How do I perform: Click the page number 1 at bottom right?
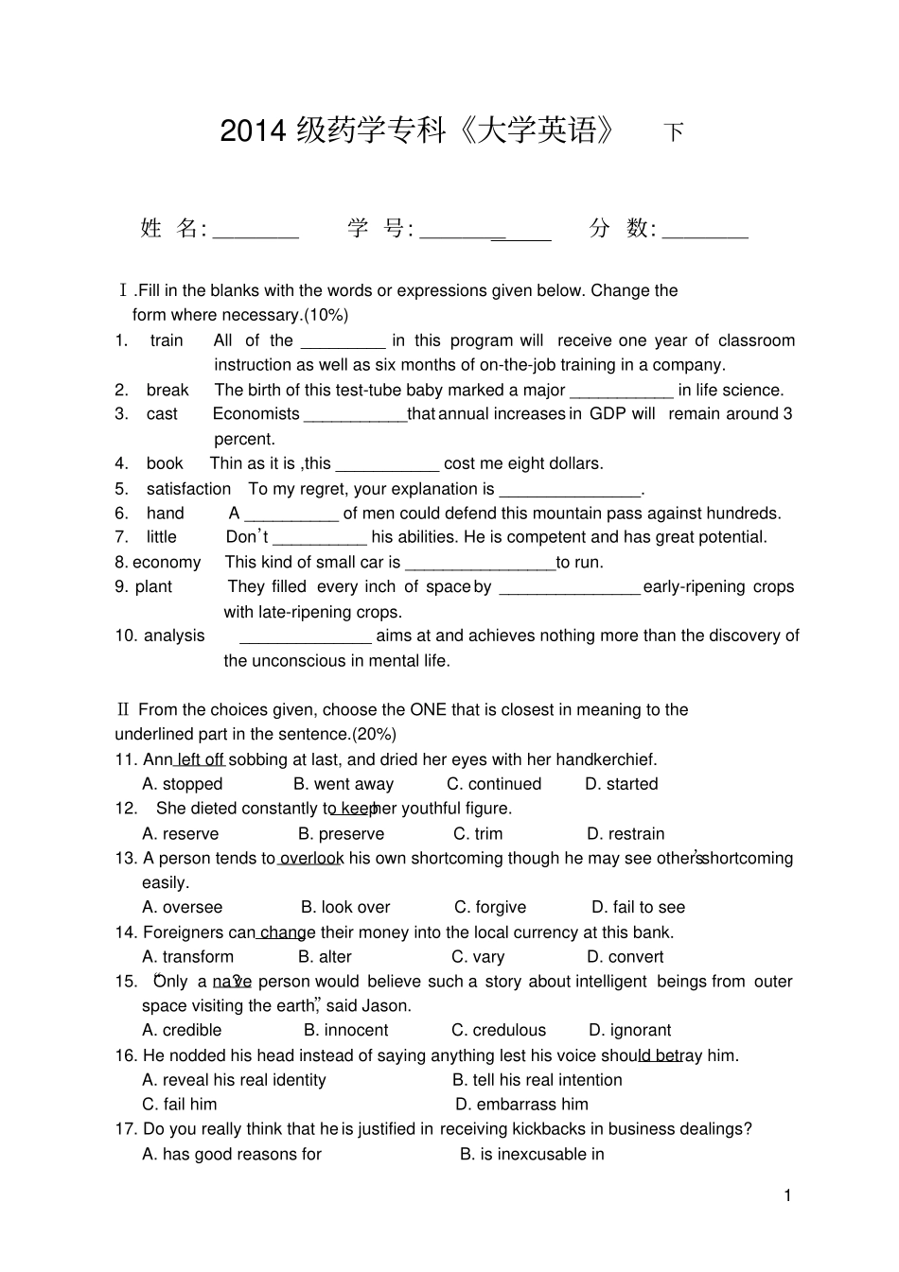point(787,1196)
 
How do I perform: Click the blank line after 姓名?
point(256,235)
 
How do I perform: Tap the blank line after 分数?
point(705,235)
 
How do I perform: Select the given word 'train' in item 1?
point(167,340)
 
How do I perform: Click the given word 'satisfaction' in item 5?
point(188,489)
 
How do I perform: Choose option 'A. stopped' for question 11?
point(183,784)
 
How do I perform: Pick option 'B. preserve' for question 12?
point(341,834)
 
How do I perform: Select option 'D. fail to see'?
point(638,908)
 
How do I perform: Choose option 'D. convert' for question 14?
point(625,957)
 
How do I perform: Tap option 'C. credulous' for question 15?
point(499,1031)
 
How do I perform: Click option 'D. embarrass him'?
point(521,1105)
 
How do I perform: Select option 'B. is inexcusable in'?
point(532,1154)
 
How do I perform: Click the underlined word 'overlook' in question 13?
point(311,859)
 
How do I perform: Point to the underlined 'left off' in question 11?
point(200,759)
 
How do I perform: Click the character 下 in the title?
point(673,132)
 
